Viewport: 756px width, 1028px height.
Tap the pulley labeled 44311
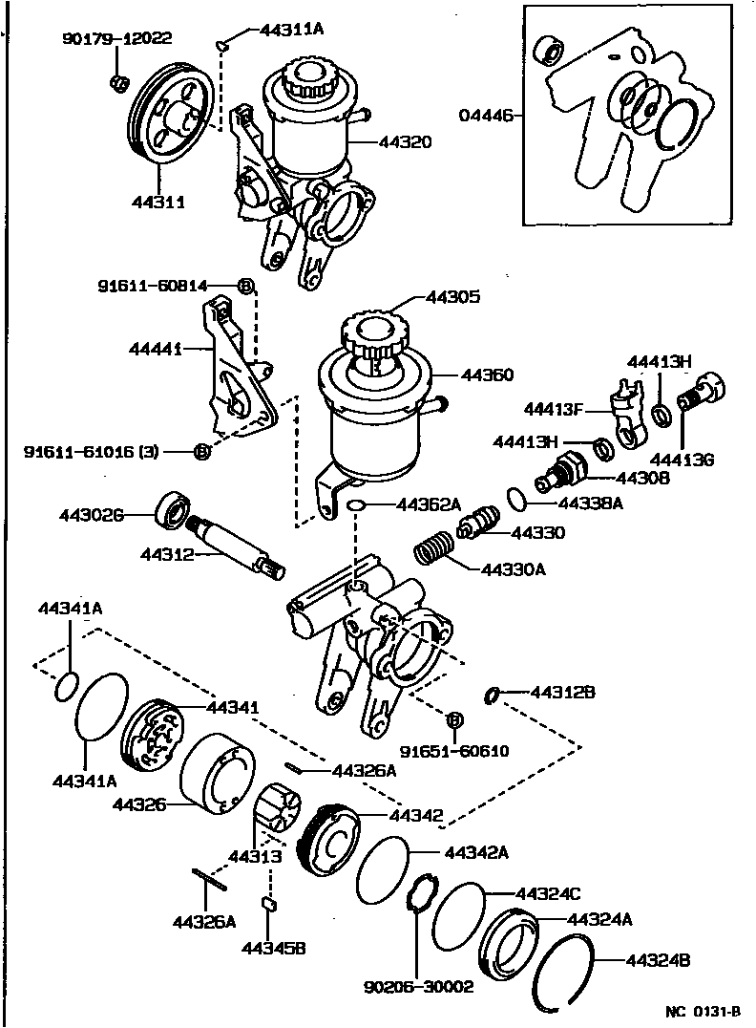tap(168, 122)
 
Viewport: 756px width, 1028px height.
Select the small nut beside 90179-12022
tap(119, 84)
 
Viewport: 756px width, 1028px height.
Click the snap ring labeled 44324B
tap(567, 971)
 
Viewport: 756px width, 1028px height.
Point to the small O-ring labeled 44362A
tap(355, 504)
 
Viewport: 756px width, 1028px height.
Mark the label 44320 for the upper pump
tap(406, 142)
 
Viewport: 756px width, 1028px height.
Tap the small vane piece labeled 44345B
tap(269, 904)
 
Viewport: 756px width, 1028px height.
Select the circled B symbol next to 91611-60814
tap(245, 286)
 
